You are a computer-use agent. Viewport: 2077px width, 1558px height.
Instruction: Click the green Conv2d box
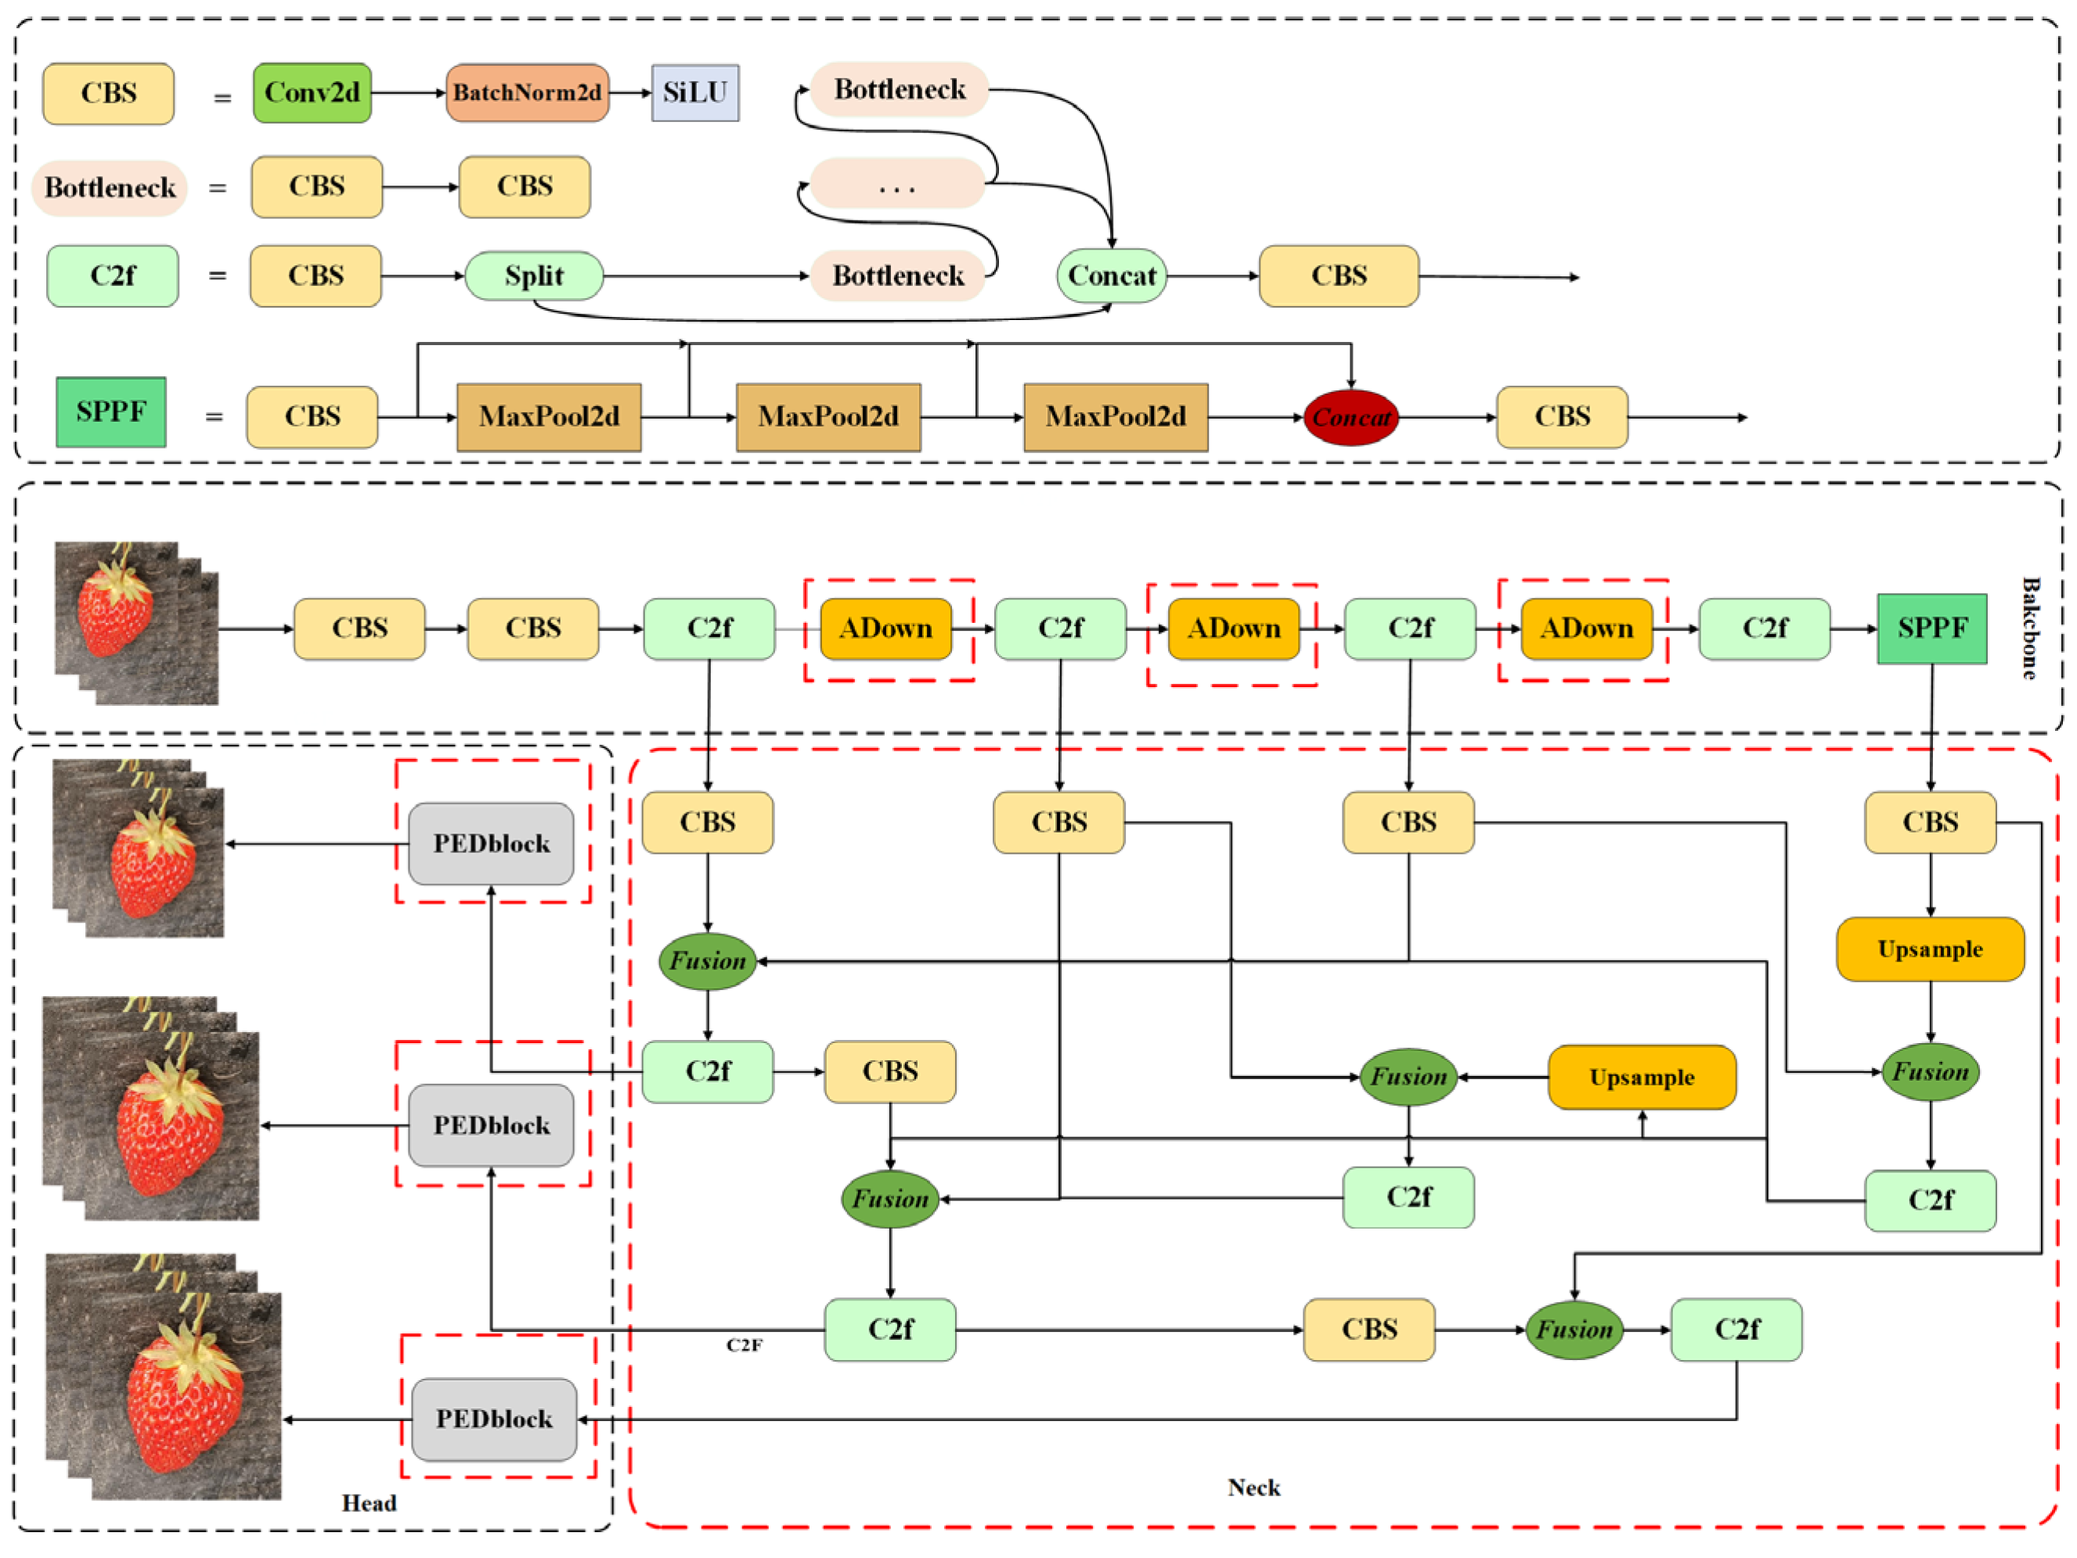(312, 93)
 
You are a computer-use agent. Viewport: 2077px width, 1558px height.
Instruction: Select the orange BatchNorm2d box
(527, 93)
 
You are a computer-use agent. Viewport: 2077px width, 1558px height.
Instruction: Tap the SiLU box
(695, 93)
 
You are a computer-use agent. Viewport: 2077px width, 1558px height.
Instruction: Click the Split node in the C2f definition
(533, 276)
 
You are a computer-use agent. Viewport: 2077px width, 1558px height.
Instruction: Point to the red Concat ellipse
(1350, 418)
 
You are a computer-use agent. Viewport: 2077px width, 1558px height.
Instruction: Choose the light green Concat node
(1112, 276)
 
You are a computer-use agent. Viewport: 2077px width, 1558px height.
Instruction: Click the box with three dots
(896, 184)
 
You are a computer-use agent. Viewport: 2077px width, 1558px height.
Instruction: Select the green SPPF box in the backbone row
(1931, 628)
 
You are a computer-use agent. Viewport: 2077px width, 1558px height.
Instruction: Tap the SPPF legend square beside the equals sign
(111, 412)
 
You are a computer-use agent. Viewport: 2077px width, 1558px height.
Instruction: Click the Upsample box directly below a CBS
(1930, 949)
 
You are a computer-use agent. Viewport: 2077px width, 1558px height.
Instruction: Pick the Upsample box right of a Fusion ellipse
(1641, 1078)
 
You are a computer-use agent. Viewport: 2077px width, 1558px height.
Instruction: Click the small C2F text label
(744, 1345)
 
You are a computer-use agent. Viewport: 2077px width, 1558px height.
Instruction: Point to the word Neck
(1253, 1488)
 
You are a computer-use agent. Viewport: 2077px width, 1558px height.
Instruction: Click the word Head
(369, 1503)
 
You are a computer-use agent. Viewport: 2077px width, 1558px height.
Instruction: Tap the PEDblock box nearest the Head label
(494, 1419)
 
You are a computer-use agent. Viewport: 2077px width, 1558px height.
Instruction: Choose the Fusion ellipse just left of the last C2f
(1574, 1330)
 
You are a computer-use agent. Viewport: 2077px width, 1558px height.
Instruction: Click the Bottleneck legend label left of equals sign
(110, 188)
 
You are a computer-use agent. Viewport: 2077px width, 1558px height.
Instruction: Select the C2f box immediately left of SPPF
(1765, 628)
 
